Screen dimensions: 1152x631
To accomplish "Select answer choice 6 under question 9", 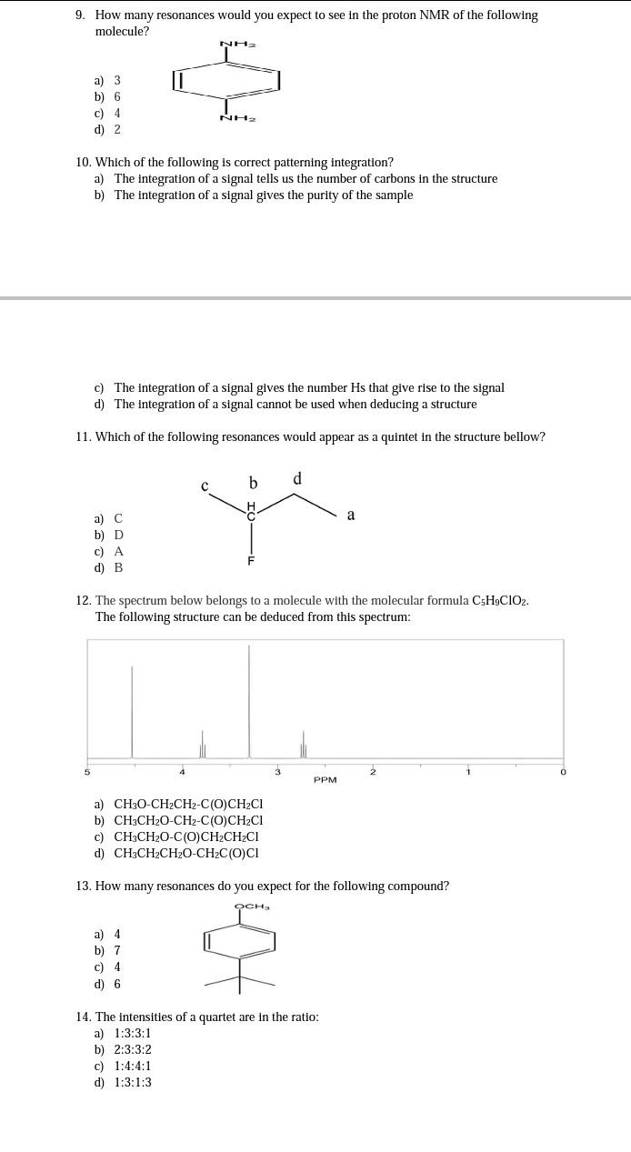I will pyautogui.click(x=116, y=96).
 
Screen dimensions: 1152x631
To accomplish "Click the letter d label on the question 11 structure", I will pyautogui.click(x=297, y=478).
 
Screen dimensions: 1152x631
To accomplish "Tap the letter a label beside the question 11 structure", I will pyautogui.click(x=351, y=515).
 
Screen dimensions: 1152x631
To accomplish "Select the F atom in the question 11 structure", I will pyautogui.click(x=251, y=561).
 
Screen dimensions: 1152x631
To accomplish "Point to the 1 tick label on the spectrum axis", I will pyautogui.click(x=468, y=772).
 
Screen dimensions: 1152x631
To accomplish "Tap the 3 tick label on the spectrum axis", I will pyautogui.click(x=277, y=772).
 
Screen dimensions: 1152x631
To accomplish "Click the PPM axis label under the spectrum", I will pyautogui.click(x=326, y=780).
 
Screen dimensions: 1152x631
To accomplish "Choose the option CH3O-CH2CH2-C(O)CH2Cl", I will pyautogui.click(x=188, y=804).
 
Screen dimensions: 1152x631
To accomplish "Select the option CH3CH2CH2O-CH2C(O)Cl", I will pyautogui.click(x=186, y=853).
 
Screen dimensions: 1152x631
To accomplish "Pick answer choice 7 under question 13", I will pyautogui.click(x=116, y=950).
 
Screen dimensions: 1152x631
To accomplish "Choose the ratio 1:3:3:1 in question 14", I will pyautogui.click(x=133, y=1033).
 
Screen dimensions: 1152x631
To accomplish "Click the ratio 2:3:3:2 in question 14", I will pyautogui.click(x=133, y=1049).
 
